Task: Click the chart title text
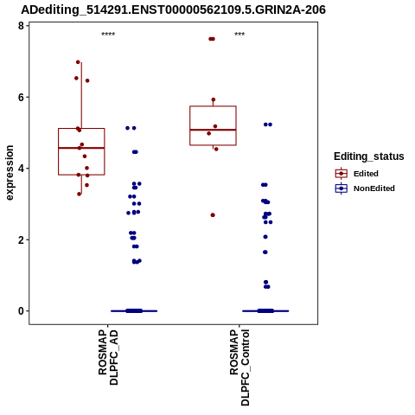coord(173,10)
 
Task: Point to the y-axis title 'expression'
coord(10,173)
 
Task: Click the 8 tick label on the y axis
coord(21,26)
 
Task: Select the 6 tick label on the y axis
coord(21,97)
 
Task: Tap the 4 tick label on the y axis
coord(21,169)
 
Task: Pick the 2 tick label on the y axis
coord(21,239)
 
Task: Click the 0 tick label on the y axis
coord(21,311)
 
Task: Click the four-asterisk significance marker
coord(108,35)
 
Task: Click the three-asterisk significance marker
coord(239,35)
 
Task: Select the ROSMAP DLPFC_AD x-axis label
coord(108,357)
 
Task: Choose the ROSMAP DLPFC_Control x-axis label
coord(239,367)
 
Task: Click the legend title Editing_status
coord(369,156)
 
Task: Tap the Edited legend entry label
coord(366,174)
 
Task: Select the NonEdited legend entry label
coord(374,188)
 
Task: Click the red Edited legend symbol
coord(342,174)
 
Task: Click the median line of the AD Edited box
coord(81,148)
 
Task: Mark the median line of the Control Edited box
coord(213,130)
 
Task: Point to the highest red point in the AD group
coord(78,62)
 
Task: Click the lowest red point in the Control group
coord(213,215)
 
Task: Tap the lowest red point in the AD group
coord(80,194)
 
